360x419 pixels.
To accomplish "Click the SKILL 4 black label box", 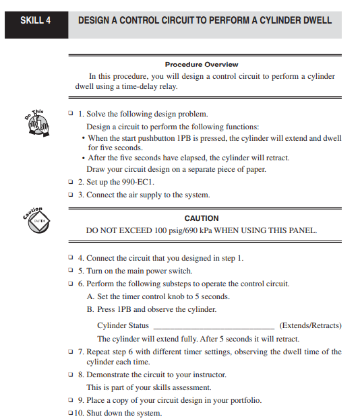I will coord(35,20).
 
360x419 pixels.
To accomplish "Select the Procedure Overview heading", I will coord(202,65).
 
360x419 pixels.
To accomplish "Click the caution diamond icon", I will coord(39,220).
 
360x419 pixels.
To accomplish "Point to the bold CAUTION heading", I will coord(202,218).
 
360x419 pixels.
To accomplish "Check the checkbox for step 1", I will coord(71,114).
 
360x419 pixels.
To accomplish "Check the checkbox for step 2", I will coord(71,181).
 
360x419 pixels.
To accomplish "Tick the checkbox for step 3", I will coord(71,195).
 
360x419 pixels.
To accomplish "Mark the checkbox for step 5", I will coord(71,271).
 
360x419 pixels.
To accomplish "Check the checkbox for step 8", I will coord(71,374).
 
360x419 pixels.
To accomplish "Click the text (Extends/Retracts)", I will coord(310,325).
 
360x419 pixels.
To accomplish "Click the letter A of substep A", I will coord(90,296).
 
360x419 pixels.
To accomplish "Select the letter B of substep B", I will coord(90,310).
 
